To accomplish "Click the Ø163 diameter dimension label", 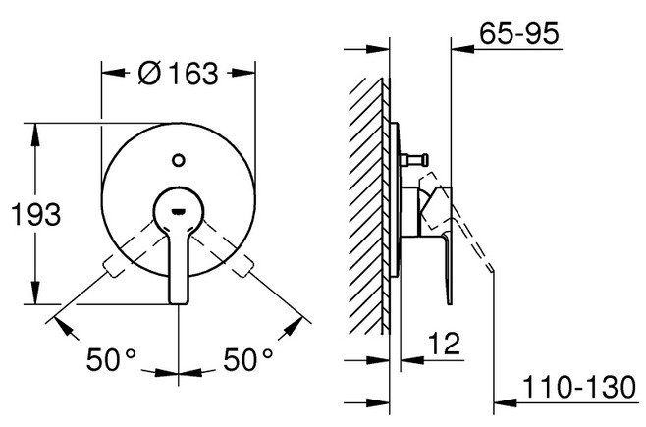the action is [x=178, y=74].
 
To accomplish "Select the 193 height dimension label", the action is [x=36, y=214].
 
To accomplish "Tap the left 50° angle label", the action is [x=110, y=358].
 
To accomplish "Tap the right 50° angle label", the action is [x=247, y=358].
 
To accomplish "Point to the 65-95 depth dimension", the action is [x=519, y=32].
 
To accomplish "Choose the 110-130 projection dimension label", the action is [x=579, y=387].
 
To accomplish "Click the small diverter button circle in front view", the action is [x=179, y=160].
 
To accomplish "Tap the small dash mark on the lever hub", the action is [x=179, y=212].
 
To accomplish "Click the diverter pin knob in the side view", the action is [x=423, y=158].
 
